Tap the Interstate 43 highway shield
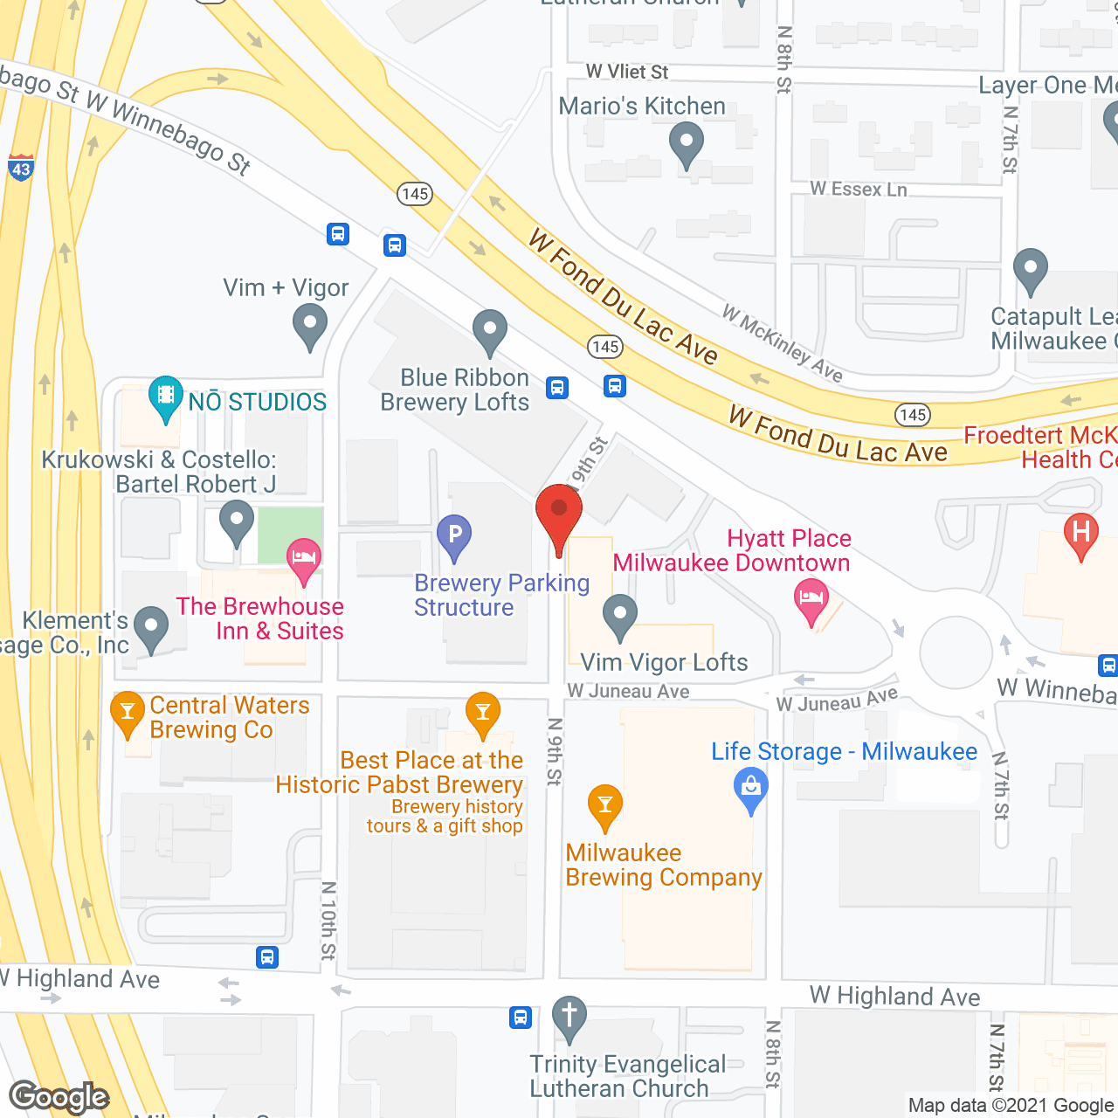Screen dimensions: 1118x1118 [x=21, y=167]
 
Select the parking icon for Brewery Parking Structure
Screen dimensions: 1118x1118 [x=454, y=535]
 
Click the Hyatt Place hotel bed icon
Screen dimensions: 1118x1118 [x=811, y=599]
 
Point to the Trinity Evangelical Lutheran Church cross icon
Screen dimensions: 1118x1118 [x=569, y=1017]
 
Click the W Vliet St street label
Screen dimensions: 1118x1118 [x=626, y=72]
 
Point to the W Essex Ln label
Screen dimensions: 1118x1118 [x=858, y=189]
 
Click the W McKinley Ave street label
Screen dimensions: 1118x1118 [x=783, y=343]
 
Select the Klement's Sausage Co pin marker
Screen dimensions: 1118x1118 [x=152, y=627]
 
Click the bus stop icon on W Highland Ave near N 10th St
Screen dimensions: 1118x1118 [x=267, y=957]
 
